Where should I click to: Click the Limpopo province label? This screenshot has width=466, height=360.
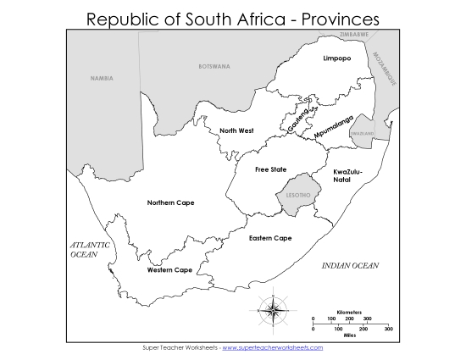[336, 58]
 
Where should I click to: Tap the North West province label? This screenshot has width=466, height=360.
[236, 130]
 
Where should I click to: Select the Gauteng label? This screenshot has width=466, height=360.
[300, 117]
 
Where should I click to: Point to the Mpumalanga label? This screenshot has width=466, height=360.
[332, 128]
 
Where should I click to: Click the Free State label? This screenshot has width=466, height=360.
[270, 169]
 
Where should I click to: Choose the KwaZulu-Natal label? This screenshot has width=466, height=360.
[347, 175]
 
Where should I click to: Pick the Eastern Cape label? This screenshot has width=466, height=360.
[270, 238]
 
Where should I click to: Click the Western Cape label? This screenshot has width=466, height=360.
[169, 270]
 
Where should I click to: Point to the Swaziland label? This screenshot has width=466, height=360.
[362, 134]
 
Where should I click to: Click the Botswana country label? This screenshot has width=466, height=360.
[213, 66]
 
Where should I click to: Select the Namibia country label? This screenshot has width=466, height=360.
[103, 78]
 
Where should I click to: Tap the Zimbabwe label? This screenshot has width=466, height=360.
[353, 35]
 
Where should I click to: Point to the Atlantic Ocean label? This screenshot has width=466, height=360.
[90, 249]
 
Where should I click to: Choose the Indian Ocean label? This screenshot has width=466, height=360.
[350, 266]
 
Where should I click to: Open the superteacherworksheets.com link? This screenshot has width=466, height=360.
[272, 347]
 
